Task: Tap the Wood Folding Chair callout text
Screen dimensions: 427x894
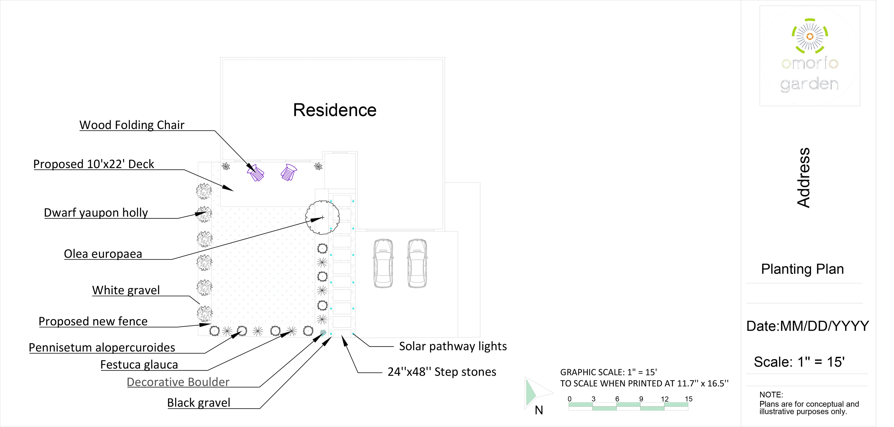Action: coord(132,125)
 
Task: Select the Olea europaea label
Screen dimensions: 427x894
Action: coord(103,254)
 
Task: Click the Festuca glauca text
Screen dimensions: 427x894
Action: coord(139,365)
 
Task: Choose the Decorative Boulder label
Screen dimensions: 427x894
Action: coord(178,382)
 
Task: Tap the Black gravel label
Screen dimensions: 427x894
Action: coord(199,403)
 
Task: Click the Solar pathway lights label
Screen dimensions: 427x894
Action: coord(453,346)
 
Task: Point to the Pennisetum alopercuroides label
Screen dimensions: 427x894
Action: coord(102,347)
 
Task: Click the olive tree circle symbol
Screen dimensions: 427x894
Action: coord(322,217)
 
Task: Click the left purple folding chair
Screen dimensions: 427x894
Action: coord(256,173)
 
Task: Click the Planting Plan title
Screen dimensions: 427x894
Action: coord(802,269)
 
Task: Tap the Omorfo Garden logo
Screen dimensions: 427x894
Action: coord(810,55)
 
